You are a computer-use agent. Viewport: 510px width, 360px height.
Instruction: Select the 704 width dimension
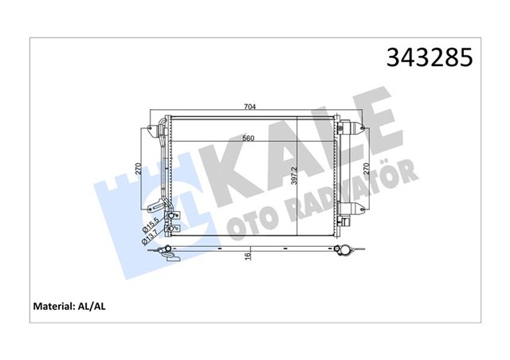tap(250, 108)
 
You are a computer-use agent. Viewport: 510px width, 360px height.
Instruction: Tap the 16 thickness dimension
tap(248, 256)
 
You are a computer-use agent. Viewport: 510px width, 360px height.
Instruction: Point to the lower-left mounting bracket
tap(167, 229)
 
